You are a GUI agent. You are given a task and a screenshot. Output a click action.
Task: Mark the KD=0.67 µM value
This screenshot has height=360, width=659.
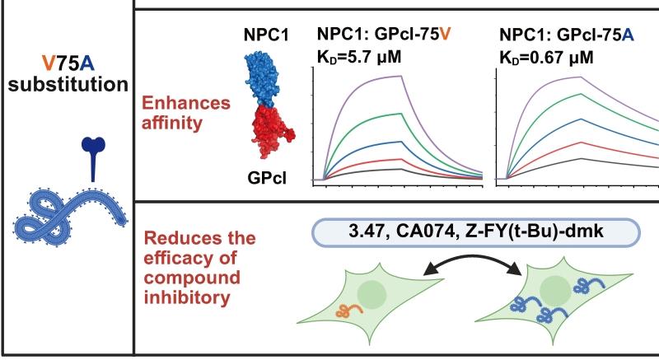pos(547,57)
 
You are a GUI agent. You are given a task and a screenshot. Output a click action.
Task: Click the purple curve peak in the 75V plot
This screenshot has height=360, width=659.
pos(400,77)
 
